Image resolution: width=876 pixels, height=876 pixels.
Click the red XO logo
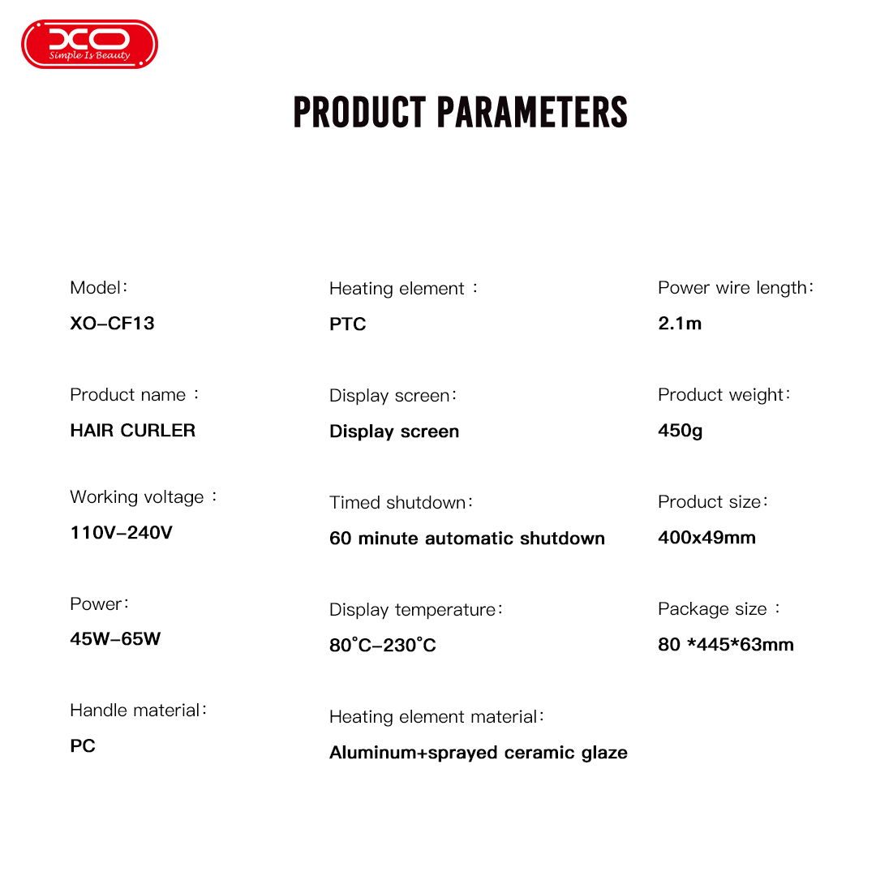[x=89, y=44]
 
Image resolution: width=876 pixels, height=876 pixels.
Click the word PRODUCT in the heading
[x=360, y=112]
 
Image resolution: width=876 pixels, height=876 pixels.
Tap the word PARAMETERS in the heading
[x=532, y=112]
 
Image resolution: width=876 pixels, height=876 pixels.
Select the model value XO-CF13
[x=112, y=324]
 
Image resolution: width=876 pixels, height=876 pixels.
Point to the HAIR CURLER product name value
[x=133, y=431]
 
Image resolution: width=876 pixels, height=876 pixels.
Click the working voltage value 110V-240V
[x=121, y=532]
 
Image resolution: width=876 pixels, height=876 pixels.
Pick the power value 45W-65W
[x=115, y=638]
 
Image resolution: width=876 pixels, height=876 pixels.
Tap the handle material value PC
[x=83, y=746]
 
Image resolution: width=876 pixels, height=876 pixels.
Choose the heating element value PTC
[x=347, y=324]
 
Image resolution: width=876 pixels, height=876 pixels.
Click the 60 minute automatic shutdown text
[x=467, y=538]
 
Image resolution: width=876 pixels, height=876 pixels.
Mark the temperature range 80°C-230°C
[x=383, y=646]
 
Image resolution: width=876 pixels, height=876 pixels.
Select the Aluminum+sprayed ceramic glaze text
[x=479, y=753]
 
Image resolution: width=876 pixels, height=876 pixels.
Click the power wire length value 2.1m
[x=680, y=324]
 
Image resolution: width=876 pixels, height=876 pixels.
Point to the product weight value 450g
[x=680, y=431]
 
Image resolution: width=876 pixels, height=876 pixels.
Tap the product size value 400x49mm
[x=706, y=538]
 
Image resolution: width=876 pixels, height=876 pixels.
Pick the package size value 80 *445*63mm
[x=726, y=644]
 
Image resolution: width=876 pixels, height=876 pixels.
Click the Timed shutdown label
[x=401, y=502]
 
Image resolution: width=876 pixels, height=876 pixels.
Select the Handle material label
[x=139, y=710]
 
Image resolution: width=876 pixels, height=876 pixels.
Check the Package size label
[x=719, y=609]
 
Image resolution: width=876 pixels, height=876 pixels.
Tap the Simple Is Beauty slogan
[x=89, y=55]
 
